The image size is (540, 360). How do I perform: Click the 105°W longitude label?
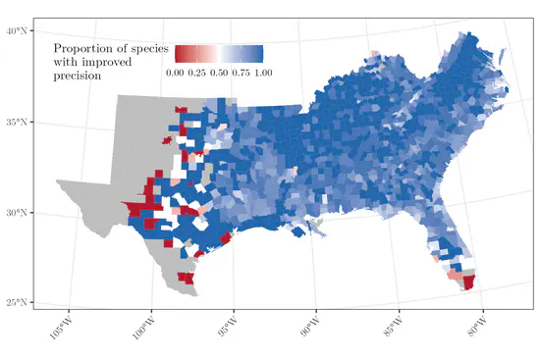pyautogui.click(x=62, y=324)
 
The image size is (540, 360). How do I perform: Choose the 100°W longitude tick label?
pyautogui.click(x=144, y=324)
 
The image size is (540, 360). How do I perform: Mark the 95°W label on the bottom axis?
pyautogui.click(x=228, y=324)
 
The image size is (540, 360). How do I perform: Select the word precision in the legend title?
pyautogui.click(x=80, y=76)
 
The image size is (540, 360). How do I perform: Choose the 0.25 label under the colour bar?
pyautogui.click(x=196, y=72)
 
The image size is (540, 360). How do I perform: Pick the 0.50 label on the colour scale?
pyautogui.click(x=219, y=72)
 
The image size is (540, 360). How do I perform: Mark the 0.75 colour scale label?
pyautogui.click(x=241, y=72)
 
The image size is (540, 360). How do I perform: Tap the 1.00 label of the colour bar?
pyautogui.click(x=262, y=72)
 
